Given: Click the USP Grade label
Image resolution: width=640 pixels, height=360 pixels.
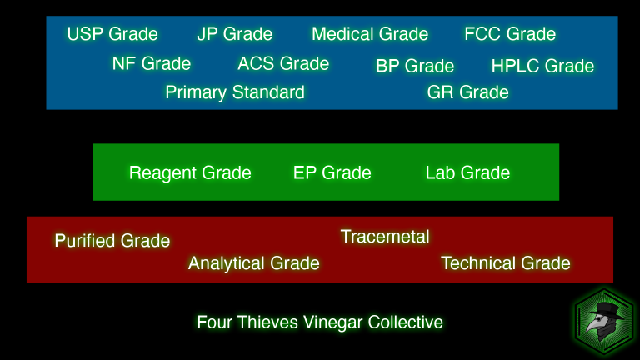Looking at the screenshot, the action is point(112,34).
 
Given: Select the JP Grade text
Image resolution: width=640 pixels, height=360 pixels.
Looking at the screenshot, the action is point(235,34).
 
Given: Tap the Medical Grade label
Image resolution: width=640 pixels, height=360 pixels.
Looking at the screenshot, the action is point(370,34).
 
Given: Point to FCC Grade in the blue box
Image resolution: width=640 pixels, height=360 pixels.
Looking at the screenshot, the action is point(510,34).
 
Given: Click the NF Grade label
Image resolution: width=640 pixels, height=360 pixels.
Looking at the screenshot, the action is point(152,63).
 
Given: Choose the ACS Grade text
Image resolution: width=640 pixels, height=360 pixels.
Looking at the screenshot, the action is point(283,63).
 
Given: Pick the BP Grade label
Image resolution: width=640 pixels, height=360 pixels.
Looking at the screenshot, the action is point(415,66).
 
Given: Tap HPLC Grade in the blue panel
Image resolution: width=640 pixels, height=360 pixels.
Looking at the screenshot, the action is point(542,66).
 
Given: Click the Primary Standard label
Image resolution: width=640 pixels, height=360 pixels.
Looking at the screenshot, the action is point(235,92).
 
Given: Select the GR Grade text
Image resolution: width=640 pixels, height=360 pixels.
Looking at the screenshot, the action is point(468,92).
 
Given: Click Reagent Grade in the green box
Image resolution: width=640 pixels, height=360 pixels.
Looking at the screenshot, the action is point(190,173).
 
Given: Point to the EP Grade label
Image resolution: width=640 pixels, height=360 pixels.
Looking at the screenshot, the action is point(332,173).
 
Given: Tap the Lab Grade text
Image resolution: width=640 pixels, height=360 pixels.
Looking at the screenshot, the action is point(467,173).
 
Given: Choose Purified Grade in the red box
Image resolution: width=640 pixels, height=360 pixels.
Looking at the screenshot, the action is point(112,241).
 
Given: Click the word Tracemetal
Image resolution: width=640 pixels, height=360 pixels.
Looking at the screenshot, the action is point(385,237).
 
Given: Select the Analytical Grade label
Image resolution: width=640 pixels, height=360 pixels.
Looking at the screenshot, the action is point(254,263).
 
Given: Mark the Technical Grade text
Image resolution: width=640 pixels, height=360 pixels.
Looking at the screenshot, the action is point(506,263).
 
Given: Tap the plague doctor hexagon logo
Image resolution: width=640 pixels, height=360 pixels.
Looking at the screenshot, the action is point(604,321).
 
